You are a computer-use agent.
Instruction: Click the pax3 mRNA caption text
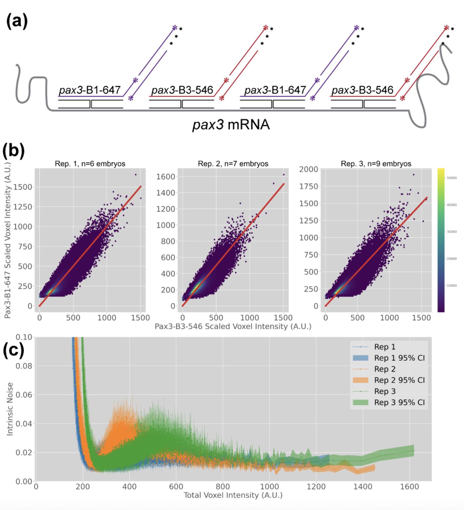[x=231, y=125]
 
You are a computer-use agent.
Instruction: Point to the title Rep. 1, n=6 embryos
[x=90, y=164]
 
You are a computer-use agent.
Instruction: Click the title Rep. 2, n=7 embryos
[x=233, y=164]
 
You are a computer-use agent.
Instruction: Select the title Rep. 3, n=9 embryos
[x=376, y=164]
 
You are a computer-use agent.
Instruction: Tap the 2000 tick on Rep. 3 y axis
[x=309, y=170]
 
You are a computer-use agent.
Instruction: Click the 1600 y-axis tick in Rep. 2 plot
[x=165, y=177]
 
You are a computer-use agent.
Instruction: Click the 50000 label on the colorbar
[x=452, y=178]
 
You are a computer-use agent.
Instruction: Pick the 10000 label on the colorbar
[x=452, y=285]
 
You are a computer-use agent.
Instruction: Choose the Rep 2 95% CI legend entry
[x=399, y=380]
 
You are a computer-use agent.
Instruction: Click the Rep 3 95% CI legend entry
[x=399, y=403]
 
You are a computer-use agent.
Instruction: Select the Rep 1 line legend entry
[x=384, y=347]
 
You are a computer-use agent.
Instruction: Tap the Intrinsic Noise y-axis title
[x=10, y=409]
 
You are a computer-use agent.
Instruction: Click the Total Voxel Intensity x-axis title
[x=233, y=495]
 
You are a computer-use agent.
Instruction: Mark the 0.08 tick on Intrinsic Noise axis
[x=24, y=366]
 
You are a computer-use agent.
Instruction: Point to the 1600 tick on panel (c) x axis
[x=410, y=486]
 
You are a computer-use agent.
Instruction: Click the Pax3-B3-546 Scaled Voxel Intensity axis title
[x=233, y=327]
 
